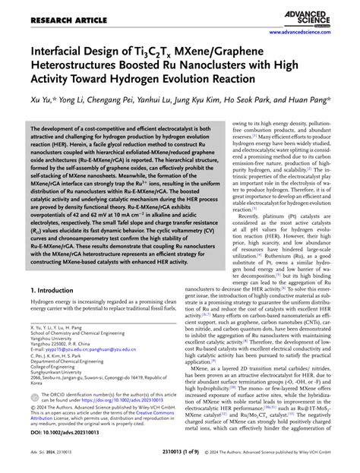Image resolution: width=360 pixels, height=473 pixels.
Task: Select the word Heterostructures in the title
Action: point(72,71)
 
